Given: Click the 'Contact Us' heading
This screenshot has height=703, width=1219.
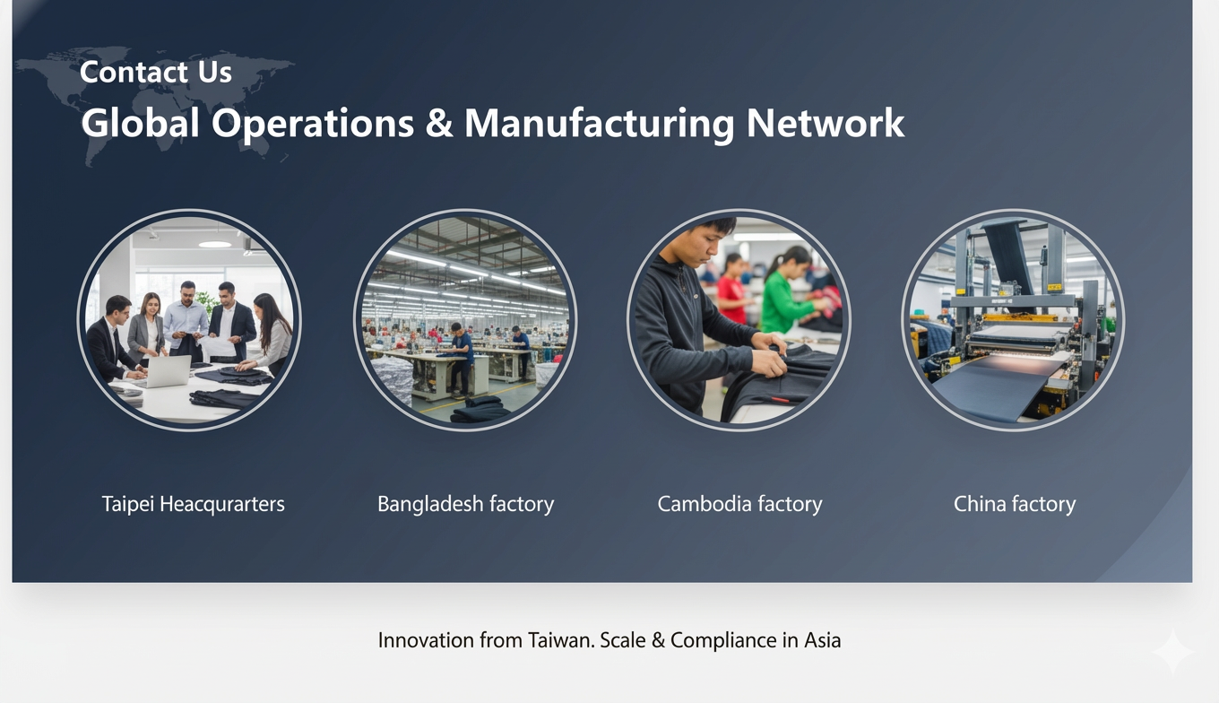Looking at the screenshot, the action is [x=156, y=72].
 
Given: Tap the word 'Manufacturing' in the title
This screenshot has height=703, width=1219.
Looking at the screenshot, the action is [x=599, y=124].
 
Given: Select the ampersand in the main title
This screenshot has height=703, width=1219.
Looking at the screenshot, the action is [x=438, y=123].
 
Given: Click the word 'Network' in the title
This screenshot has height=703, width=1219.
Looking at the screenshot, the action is [x=825, y=123].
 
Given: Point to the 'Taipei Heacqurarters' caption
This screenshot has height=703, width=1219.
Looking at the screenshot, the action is [x=194, y=504].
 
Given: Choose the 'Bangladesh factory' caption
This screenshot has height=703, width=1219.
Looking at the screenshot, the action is [x=465, y=504].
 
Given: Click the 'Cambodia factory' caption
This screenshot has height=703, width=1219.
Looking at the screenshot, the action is [x=739, y=504].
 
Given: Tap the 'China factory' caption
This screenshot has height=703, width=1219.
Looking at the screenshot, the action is [x=1015, y=504].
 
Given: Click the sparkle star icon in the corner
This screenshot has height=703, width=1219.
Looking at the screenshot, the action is [x=1172, y=651].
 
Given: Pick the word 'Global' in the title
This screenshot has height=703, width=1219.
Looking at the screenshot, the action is [x=140, y=123].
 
